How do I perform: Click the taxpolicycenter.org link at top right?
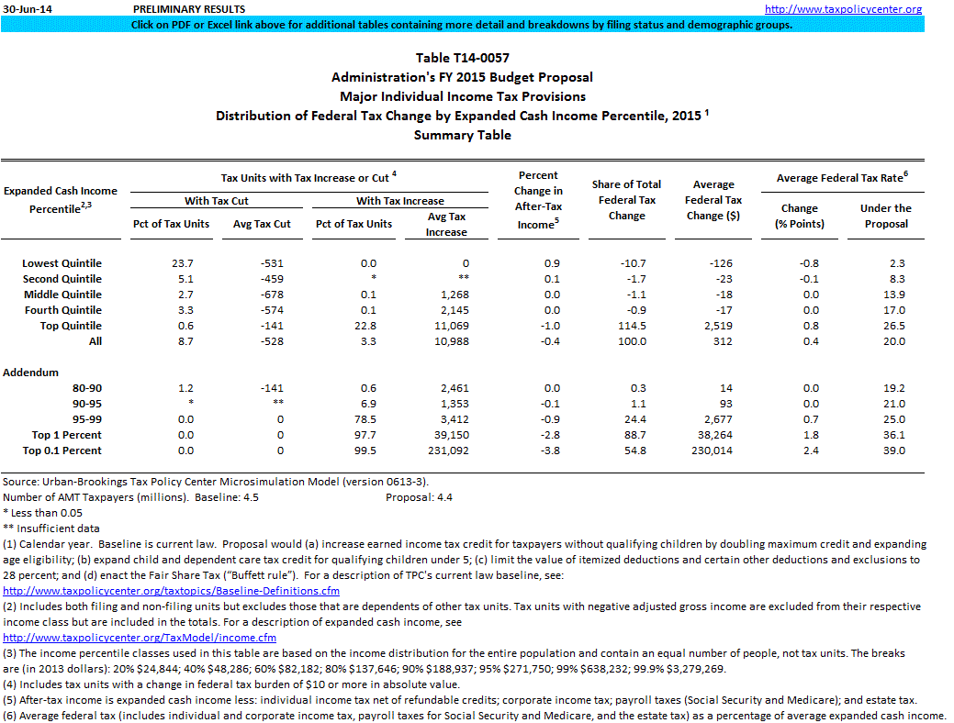pyautogui.click(x=843, y=9)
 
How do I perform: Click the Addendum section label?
pyautogui.click(x=30, y=373)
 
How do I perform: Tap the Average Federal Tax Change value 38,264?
pyautogui.click(x=720, y=435)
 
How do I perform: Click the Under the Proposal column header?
pyautogui.click(x=885, y=216)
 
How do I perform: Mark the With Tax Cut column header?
pyautogui.click(x=216, y=201)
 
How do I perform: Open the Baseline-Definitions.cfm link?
pyautogui.click(x=172, y=591)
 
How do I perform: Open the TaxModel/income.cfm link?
pyautogui.click(x=140, y=638)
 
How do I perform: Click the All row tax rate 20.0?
pyautogui.click(x=896, y=341)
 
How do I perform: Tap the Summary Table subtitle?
pyautogui.click(x=462, y=135)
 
